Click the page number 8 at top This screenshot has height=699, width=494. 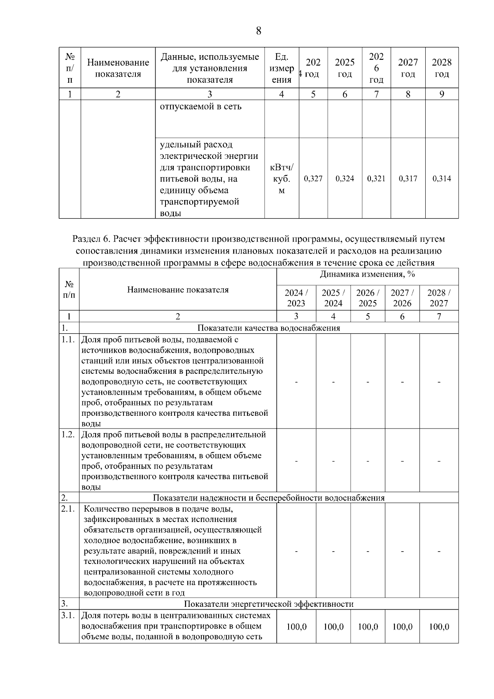coord(259,31)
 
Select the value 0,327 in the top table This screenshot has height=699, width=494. coord(313,179)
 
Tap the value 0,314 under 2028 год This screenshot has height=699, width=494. coord(441,179)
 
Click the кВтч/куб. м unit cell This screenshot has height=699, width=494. coord(282,179)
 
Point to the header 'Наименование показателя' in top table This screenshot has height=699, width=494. coord(118,68)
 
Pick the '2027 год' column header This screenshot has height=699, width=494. coord(408,68)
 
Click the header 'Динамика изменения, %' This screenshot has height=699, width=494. coord(367,275)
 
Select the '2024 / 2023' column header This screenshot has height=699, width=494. coord(296,298)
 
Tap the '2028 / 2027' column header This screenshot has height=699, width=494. coord(439,298)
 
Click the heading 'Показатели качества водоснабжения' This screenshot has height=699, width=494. coord(268,328)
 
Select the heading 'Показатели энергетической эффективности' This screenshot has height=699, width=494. coord(268,604)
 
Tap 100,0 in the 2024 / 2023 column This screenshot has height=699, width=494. coord(296,627)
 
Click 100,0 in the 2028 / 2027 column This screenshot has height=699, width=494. coord(439,627)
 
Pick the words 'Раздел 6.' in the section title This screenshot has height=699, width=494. coord(91,239)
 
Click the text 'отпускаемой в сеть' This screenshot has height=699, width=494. coord(200,107)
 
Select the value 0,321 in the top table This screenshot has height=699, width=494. coord(376,179)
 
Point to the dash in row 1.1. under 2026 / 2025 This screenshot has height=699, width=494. coord(368,382)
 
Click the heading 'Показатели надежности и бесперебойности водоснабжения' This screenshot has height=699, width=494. coord(268,498)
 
